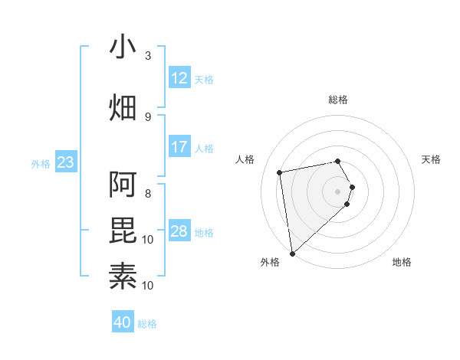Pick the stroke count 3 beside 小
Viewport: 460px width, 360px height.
point(148,56)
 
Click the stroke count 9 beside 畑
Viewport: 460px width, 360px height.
point(148,116)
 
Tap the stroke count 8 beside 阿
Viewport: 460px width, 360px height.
point(148,193)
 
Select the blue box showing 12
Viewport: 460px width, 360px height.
point(179,77)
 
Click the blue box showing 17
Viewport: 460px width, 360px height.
point(179,146)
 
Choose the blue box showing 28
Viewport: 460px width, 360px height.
point(179,231)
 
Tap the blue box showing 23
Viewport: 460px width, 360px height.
point(65,162)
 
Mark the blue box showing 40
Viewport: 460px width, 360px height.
point(123,322)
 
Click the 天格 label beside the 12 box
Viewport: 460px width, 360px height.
point(204,79)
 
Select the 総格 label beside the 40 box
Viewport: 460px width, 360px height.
point(147,324)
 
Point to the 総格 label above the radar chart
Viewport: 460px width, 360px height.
point(338,100)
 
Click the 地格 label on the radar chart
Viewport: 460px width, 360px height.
point(402,262)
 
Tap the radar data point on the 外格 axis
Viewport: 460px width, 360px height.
point(292,253)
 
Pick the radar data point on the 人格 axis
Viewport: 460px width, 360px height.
point(280,172)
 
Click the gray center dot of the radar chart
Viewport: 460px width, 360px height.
point(338,191)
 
